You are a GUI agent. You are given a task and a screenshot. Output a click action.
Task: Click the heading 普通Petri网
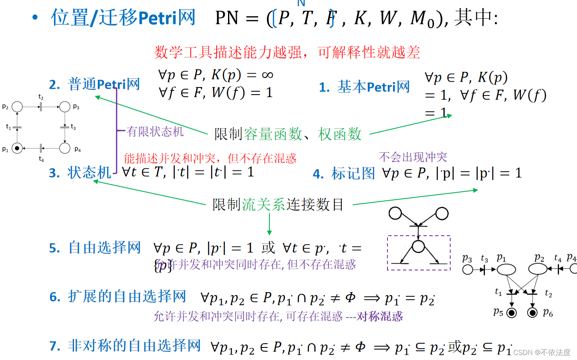(104, 84)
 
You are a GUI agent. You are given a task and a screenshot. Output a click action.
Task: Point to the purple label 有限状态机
(155, 131)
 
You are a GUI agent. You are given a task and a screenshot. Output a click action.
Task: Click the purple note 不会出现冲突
(413, 157)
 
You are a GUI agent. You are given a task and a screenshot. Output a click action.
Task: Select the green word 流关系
(263, 205)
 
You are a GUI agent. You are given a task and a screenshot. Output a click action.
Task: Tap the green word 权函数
(340, 134)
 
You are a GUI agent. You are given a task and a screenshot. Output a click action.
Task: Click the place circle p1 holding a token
(17, 148)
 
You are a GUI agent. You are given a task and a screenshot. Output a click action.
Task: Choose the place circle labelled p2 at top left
(17, 107)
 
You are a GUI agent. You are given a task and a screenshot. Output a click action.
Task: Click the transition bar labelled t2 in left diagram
(41, 107)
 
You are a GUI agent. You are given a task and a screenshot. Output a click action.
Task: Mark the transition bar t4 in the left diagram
(41, 148)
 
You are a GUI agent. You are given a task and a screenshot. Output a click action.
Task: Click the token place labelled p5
(511, 312)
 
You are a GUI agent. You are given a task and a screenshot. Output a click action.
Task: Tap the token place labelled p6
(532, 312)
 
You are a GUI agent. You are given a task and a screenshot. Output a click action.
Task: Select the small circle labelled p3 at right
(468, 270)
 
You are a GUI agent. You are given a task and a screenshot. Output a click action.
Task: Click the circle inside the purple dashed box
(418, 247)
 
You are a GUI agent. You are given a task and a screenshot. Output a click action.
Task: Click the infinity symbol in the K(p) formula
(267, 75)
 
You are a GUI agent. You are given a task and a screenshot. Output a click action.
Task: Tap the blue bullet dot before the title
(35, 18)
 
